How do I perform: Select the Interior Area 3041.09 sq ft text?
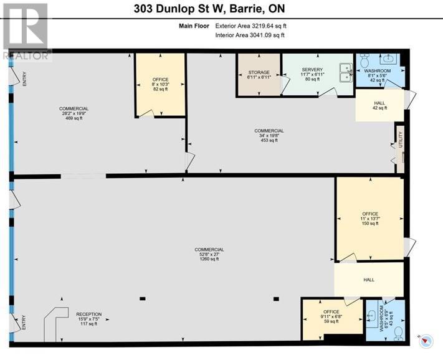250,36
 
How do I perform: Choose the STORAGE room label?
259,75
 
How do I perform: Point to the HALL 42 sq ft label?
379,105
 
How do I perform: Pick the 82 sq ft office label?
160,84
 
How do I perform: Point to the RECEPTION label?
88,318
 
